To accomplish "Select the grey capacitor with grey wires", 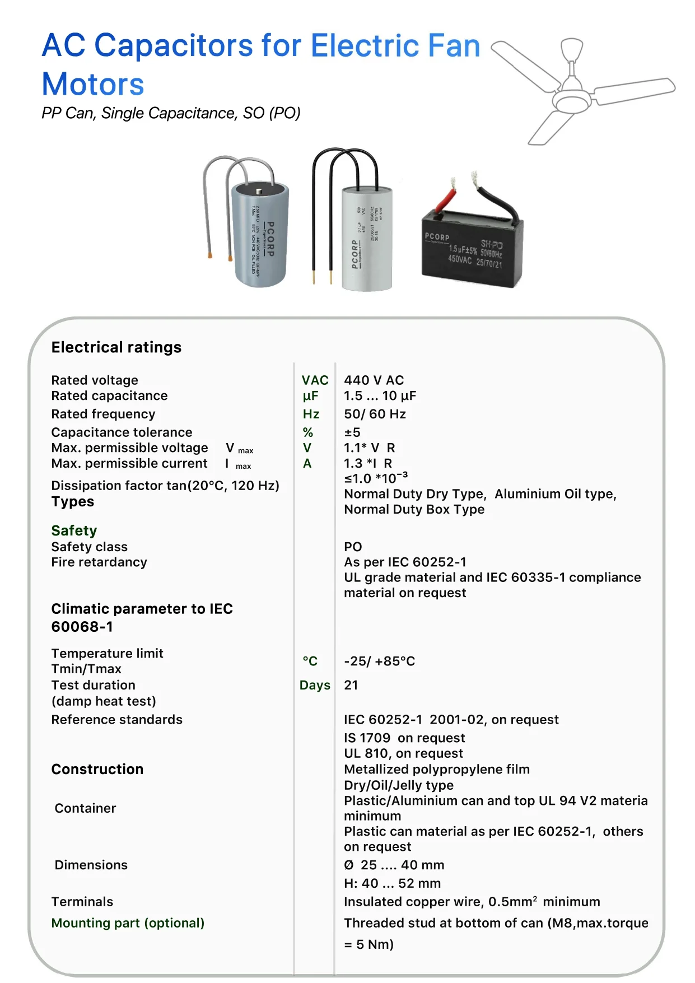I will pyautogui.click(x=260, y=234).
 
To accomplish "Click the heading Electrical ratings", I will pyautogui.click(x=116, y=347).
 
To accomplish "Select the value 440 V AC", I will pyautogui.click(x=374, y=380).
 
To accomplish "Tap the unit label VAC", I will pyautogui.click(x=315, y=380).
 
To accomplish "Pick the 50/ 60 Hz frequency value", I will pyautogui.click(x=375, y=414).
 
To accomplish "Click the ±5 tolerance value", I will pyautogui.click(x=352, y=432).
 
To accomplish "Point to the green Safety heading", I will pyautogui.click(x=74, y=530).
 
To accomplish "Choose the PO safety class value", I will pyautogui.click(x=353, y=547).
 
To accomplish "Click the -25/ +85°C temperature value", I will pyautogui.click(x=379, y=661).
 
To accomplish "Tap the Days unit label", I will pyautogui.click(x=315, y=685).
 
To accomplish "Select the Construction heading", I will pyautogui.click(x=97, y=769).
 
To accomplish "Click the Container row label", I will pyautogui.click(x=85, y=808).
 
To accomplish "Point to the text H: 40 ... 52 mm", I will pyautogui.click(x=392, y=883).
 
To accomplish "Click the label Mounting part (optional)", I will pyautogui.click(x=128, y=923).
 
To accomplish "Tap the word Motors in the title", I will pyautogui.click(x=93, y=85).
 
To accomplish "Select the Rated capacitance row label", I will pyautogui.click(x=109, y=396).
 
